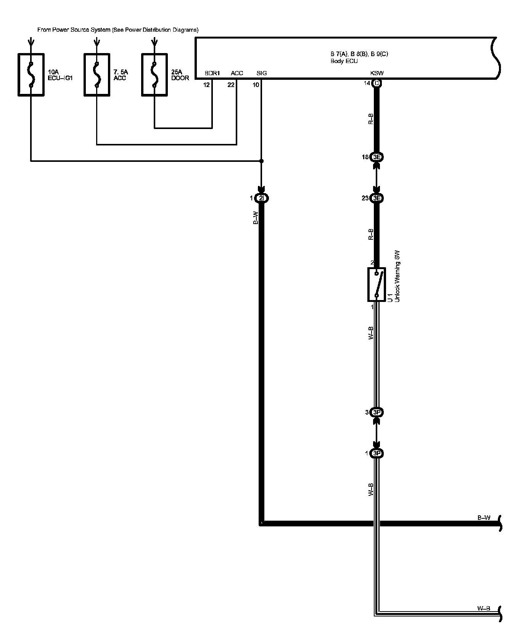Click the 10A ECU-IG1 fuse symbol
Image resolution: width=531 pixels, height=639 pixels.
pyautogui.click(x=31, y=75)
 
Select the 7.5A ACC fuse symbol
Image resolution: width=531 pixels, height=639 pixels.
pyautogui.click(x=97, y=75)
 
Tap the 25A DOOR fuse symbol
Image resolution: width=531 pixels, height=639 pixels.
pyautogui.click(x=154, y=75)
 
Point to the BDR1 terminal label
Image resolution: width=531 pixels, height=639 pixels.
pyautogui.click(x=212, y=73)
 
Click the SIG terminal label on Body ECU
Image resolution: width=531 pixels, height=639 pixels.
pyautogui.click(x=262, y=73)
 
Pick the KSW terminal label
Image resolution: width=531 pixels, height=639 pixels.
pyautogui.click(x=377, y=73)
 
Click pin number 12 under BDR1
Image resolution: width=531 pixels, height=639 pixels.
pyautogui.click(x=206, y=85)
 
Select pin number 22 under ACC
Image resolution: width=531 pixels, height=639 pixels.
pyautogui.click(x=231, y=85)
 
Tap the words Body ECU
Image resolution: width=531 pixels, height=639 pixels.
pyautogui.click(x=344, y=61)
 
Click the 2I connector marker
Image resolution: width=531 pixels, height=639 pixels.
pyautogui.click(x=262, y=198)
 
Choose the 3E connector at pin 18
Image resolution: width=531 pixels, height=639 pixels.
pyautogui.click(x=377, y=157)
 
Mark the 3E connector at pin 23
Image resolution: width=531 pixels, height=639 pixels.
pyautogui.click(x=377, y=198)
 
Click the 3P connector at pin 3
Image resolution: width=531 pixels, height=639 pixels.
pyautogui.click(x=377, y=412)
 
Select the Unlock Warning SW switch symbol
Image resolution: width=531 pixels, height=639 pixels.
pyautogui.click(x=377, y=284)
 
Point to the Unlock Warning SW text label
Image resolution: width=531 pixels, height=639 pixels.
pyautogui.click(x=397, y=277)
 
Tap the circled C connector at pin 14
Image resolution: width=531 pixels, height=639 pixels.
pyautogui.click(x=377, y=83)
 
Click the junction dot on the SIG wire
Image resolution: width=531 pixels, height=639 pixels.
pyautogui.click(x=261, y=161)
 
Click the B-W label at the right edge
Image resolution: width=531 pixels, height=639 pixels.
pyautogui.click(x=484, y=518)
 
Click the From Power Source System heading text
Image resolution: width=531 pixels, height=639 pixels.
pyautogui.click(x=118, y=30)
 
